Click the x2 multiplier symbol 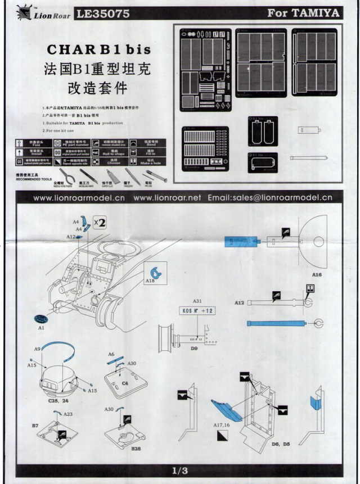[x=100, y=223]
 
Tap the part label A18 [x=150, y=279]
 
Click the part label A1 [x=41, y=327]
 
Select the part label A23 [x=67, y=414]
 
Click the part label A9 [x=37, y=350]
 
